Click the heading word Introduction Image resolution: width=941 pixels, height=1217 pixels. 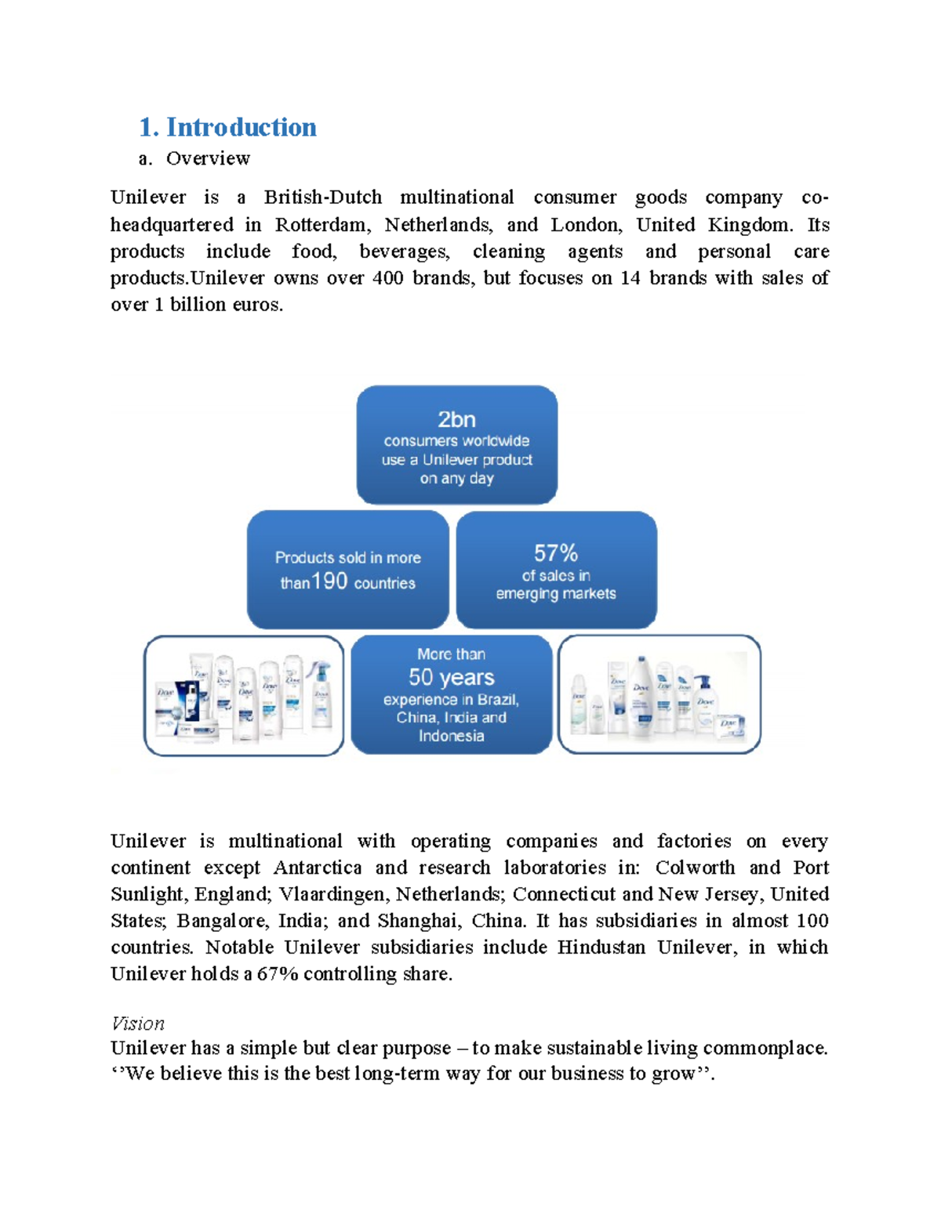click(x=241, y=127)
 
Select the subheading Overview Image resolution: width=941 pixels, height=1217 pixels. click(x=208, y=158)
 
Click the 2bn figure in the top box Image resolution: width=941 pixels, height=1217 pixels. click(x=456, y=419)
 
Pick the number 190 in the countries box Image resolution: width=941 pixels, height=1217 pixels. click(x=329, y=581)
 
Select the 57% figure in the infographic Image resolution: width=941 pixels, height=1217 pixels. click(x=555, y=553)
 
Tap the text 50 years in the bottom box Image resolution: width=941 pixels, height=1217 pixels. click(x=451, y=677)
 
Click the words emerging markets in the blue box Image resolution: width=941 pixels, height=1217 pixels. click(x=555, y=594)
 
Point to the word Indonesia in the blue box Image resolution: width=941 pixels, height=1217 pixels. click(x=451, y=736)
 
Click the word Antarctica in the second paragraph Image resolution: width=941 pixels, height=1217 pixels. click(x=318, y=867)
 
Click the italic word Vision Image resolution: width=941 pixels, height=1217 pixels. click(x=138, y=1023)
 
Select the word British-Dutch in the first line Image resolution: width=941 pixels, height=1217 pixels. click(x=323, y=197)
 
